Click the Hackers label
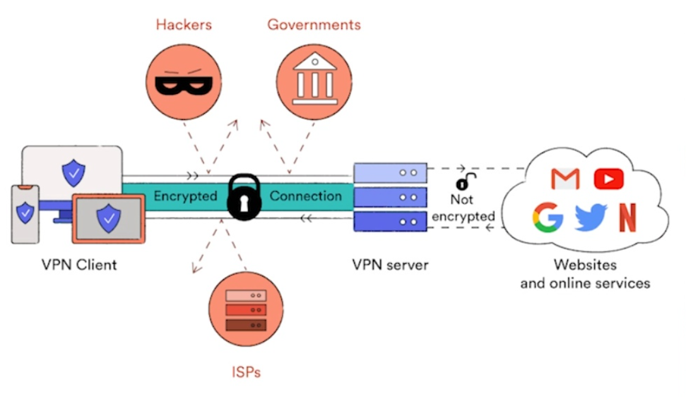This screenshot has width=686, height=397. click(x=184, y=25)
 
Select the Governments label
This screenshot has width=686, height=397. click(x=314, y=25)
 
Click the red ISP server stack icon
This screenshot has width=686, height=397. click(x=245, y=309)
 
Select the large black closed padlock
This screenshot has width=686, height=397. click(x=244, y=198)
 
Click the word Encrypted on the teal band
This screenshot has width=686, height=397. click(x=185, y=196)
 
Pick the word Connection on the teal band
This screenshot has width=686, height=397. click(x=305, y=196)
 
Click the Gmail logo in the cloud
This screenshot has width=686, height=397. click(x=565, y=179)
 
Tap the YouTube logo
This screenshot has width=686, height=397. click(x=608, y=179)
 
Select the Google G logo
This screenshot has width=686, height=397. click(x=547, y=216)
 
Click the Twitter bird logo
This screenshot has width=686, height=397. click(x=590, y=217)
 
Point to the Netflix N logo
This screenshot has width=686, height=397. click(x=627, y=217)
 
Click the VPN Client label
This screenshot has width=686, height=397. click(x=80, y=264)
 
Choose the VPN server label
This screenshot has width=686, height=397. click(x=390, y=264)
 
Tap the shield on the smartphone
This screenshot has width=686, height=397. click(x=25, y=213)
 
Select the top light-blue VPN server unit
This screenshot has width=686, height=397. click(x=390, y=172)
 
